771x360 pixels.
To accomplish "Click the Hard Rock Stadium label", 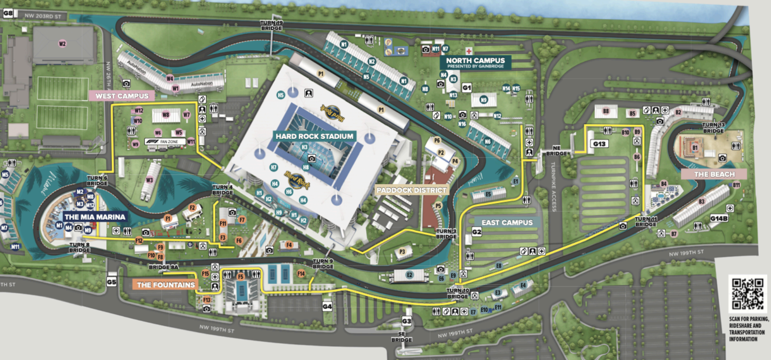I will pyautogui.click(x=314, y=136).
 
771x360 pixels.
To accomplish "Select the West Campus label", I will pyautogui.click(x=122, y=96).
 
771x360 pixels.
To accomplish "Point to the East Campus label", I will pyautogui.click(x=507, y=222).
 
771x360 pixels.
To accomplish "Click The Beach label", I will pyautogui.click(x=714, y=174).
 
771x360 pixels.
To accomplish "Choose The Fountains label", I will pyautogui.click(x=165, y=285).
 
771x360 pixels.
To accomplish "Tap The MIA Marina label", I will pyautogui.click(x=95, y=217).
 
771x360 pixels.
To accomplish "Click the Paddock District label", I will pyautogui.click(x=411, y=190).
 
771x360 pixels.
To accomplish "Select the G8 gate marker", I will pyautogui.click(x=8, y=13).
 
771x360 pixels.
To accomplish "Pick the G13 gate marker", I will pyautogui.click(x=599, y=144).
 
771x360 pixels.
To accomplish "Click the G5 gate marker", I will pyautogui.click(x=111, y=282).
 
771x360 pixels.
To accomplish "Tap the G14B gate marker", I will pyautogui.click(x=719, y=218).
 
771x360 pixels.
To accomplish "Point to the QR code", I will pyautogui.click(x=747, y=293).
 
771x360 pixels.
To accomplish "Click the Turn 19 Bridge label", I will pyautogui.click(x=271, y=25).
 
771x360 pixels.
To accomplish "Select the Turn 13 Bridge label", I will pyautogui.click(x=713, y=128).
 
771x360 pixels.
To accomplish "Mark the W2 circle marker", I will pyautogui.click(x=62, y=44).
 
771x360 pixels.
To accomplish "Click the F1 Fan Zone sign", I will pyautogui.click(x=165, y=142).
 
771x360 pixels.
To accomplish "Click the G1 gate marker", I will pyautogui.click(x=467, y=88).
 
